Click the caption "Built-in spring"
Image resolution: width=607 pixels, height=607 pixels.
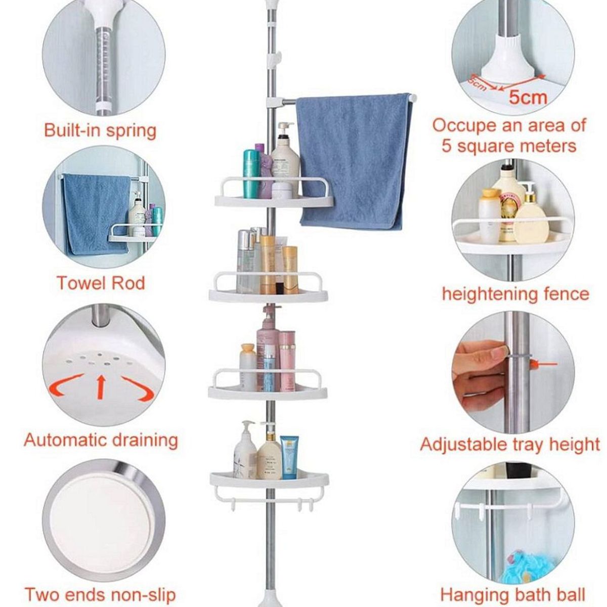pos(100,131)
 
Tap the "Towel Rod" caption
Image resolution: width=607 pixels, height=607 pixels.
pos(101,283)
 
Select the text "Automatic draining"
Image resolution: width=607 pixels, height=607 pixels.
pos(101,441)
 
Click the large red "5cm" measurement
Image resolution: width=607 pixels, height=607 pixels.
pos(528,98)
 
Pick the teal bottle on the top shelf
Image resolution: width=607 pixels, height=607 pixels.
pos(251,174)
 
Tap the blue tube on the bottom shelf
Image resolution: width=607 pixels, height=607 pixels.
pos(289,457)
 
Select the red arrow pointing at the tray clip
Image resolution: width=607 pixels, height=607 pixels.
pos(544,365)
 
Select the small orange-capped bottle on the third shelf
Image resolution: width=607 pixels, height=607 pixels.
pos(247,367)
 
